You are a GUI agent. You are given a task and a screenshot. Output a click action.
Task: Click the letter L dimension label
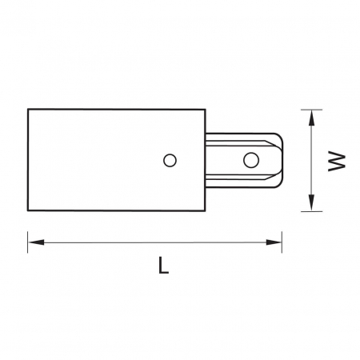[163, 265]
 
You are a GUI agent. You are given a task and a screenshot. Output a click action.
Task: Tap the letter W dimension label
[337, 161]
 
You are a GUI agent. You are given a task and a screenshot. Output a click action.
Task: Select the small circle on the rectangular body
[170, 161]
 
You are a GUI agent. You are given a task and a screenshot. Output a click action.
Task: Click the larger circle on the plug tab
[251, 160]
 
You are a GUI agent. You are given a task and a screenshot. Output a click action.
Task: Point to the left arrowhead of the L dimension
[36, 242]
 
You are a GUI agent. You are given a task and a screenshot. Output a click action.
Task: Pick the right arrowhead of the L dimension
[274, 242]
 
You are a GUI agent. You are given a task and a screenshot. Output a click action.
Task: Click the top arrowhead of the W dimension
[311, 118]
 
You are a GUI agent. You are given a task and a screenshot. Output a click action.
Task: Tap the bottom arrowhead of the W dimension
[311, 202]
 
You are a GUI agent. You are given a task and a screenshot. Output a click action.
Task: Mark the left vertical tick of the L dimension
[28, 242]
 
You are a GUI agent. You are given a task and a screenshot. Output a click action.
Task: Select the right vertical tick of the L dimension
[282, 242]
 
